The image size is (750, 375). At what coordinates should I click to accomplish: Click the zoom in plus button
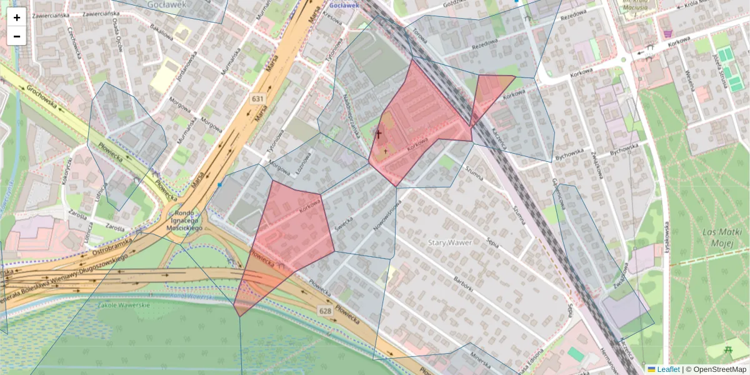(17, 17)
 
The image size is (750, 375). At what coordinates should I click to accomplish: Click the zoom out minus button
(17, 36)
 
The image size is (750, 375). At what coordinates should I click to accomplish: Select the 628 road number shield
(324, 311)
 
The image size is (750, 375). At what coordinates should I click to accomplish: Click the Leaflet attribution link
(668, 369)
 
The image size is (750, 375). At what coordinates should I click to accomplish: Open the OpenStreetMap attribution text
(720, 369)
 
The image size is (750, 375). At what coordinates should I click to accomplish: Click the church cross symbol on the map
(377, 134)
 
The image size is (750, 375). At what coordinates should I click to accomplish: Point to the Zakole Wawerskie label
(124, 305)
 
